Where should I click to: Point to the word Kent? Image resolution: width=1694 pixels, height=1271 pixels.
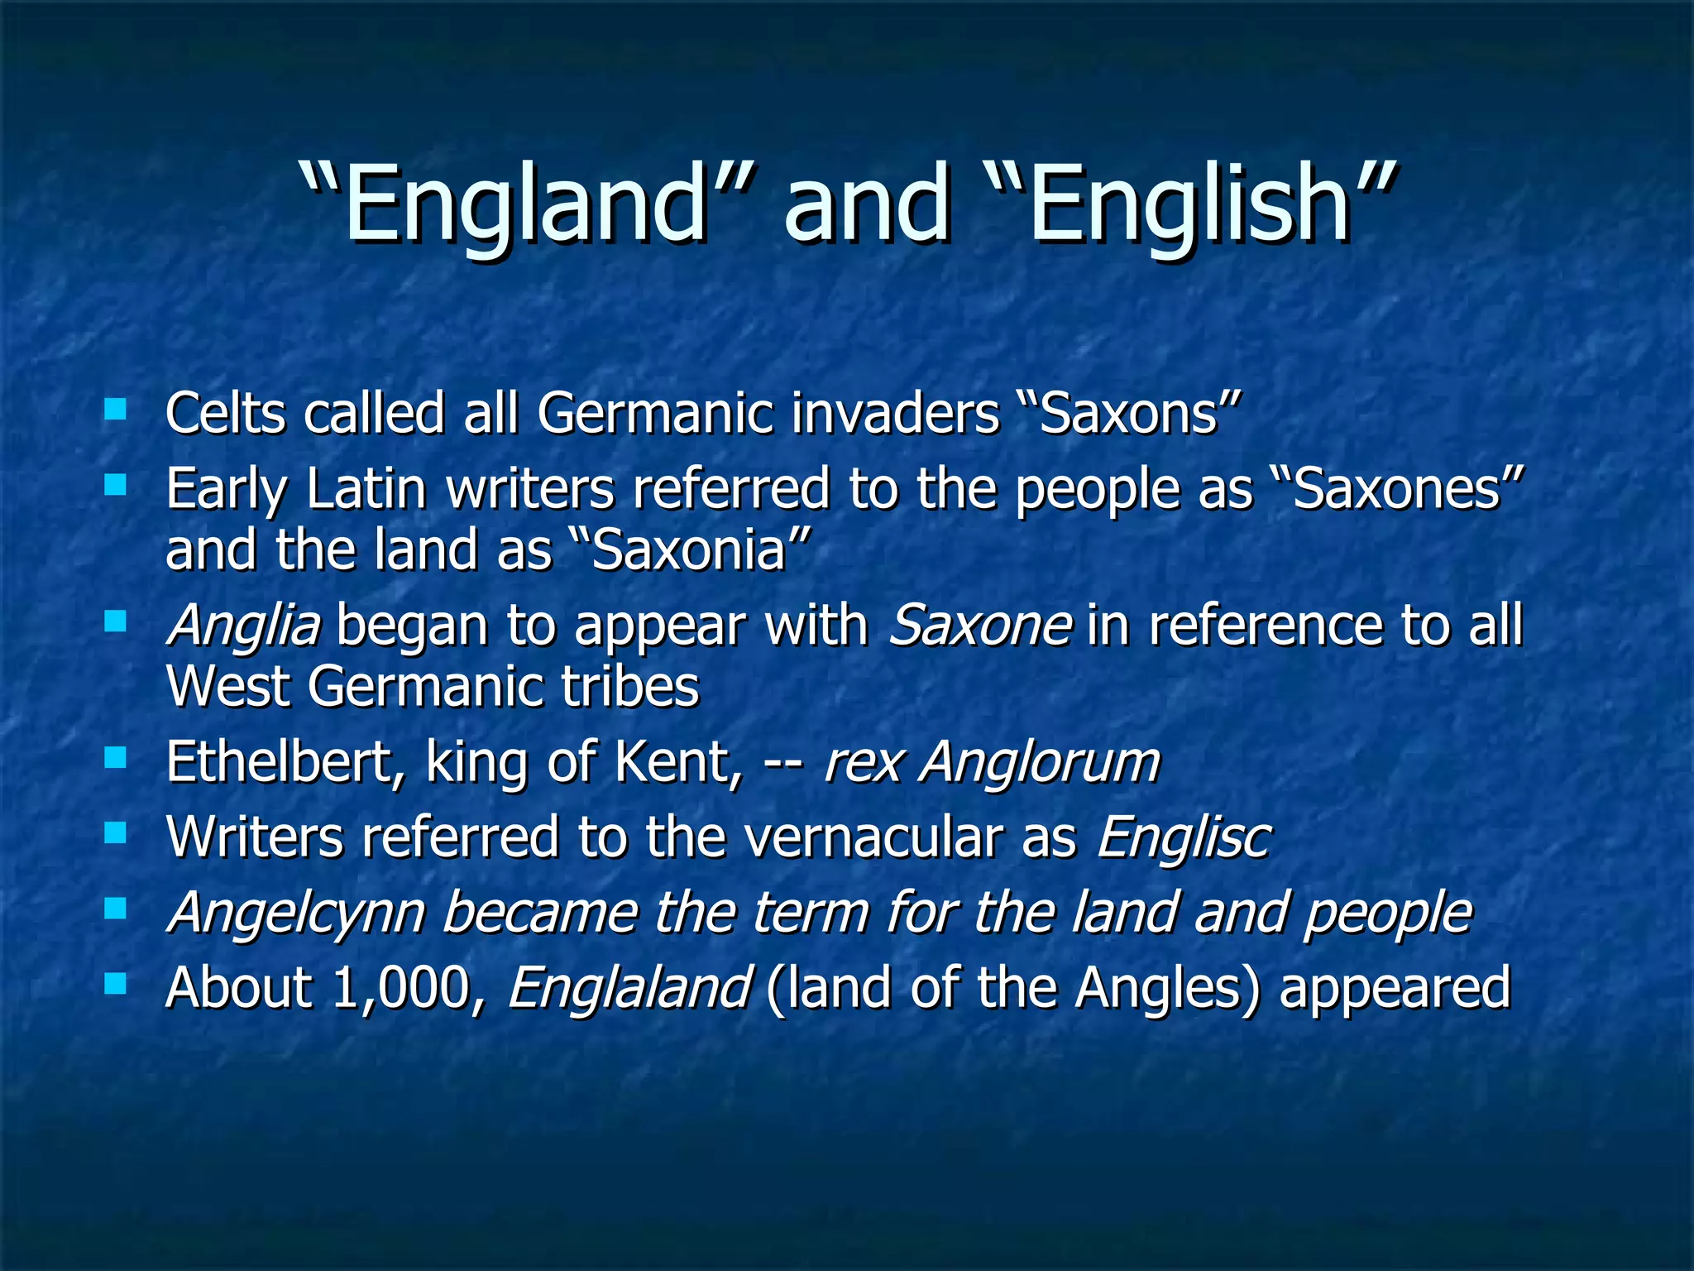point(678,762)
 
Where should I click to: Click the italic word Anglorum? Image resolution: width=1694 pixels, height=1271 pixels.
point(1041,762)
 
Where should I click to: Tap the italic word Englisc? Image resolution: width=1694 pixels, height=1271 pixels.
point(1184,837)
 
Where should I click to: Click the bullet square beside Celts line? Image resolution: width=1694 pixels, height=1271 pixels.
point(115,409)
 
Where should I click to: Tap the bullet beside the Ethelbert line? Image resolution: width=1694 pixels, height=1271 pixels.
point(115,757)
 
